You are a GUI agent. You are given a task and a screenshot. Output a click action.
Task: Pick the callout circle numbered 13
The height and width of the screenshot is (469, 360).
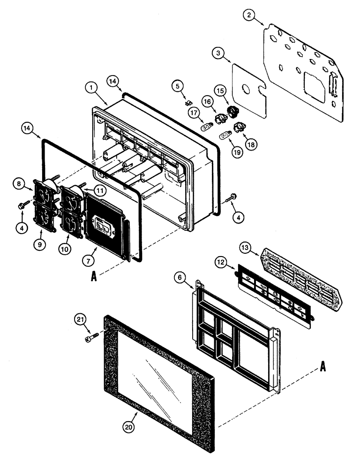click(x=246, y=247)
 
